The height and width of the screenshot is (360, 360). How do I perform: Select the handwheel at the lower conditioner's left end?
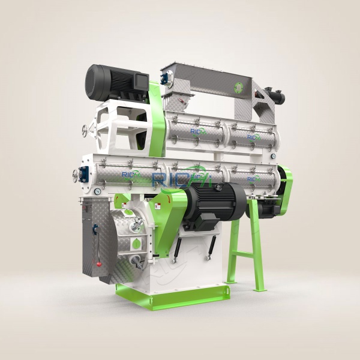click(x=77, y=175)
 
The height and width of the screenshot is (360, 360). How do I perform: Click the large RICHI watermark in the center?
click(x=180, y=178)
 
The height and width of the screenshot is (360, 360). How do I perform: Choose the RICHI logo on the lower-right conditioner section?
click(x=253, y=178)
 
